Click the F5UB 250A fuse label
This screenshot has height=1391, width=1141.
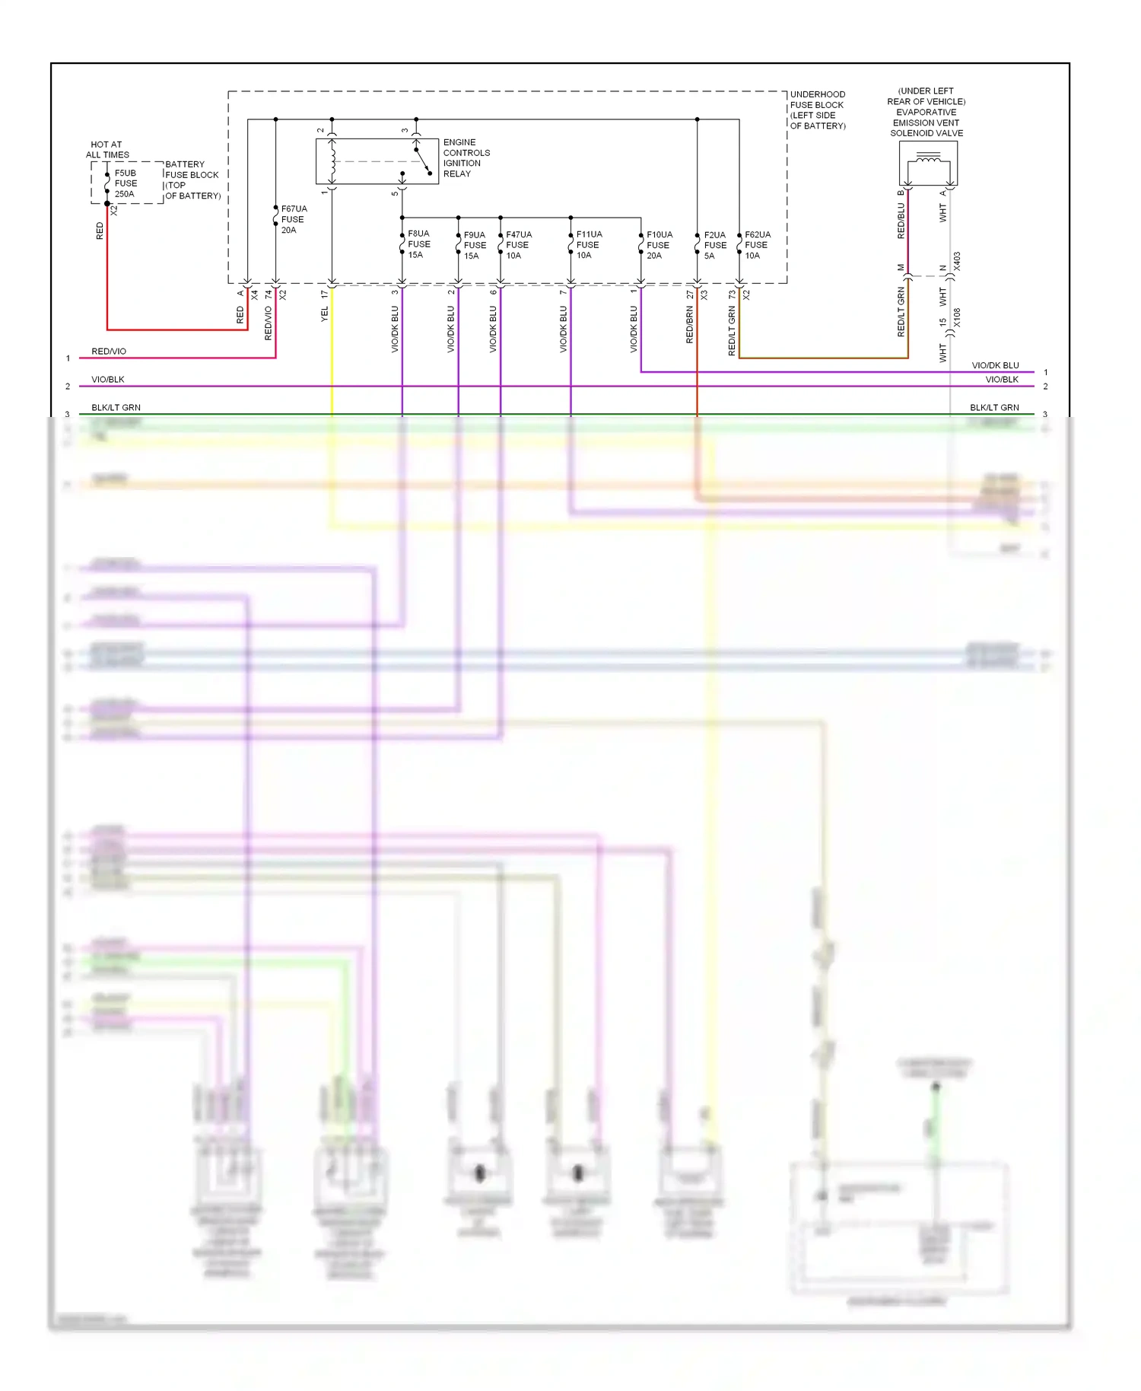[126, 183]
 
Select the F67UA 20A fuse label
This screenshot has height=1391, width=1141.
[294, 219]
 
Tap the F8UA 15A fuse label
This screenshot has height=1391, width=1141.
[418, 244]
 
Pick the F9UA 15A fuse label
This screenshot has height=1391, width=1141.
[475, 245]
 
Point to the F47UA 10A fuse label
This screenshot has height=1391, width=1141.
[518, 245]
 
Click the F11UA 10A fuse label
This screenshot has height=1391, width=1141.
[589, 245]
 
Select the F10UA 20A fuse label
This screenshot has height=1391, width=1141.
[659, 245]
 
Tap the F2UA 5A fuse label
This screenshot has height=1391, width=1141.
[714, 245]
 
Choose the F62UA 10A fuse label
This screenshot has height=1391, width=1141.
[757, 245]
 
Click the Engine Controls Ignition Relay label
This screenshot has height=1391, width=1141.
[466, 158]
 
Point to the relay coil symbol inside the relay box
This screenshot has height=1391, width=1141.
[332, 161]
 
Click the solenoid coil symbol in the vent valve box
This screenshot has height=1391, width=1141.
[928, 158]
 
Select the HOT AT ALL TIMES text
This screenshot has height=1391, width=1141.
[107, 149]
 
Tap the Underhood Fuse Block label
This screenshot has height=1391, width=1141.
[818, 110]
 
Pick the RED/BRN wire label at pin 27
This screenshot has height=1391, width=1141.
[690, 325]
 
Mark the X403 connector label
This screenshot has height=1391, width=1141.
[957, 261]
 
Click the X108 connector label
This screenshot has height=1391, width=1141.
[957, 317]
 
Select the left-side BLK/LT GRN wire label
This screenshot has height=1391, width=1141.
[116, 407]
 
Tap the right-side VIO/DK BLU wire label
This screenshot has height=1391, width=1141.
[995, 365]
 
